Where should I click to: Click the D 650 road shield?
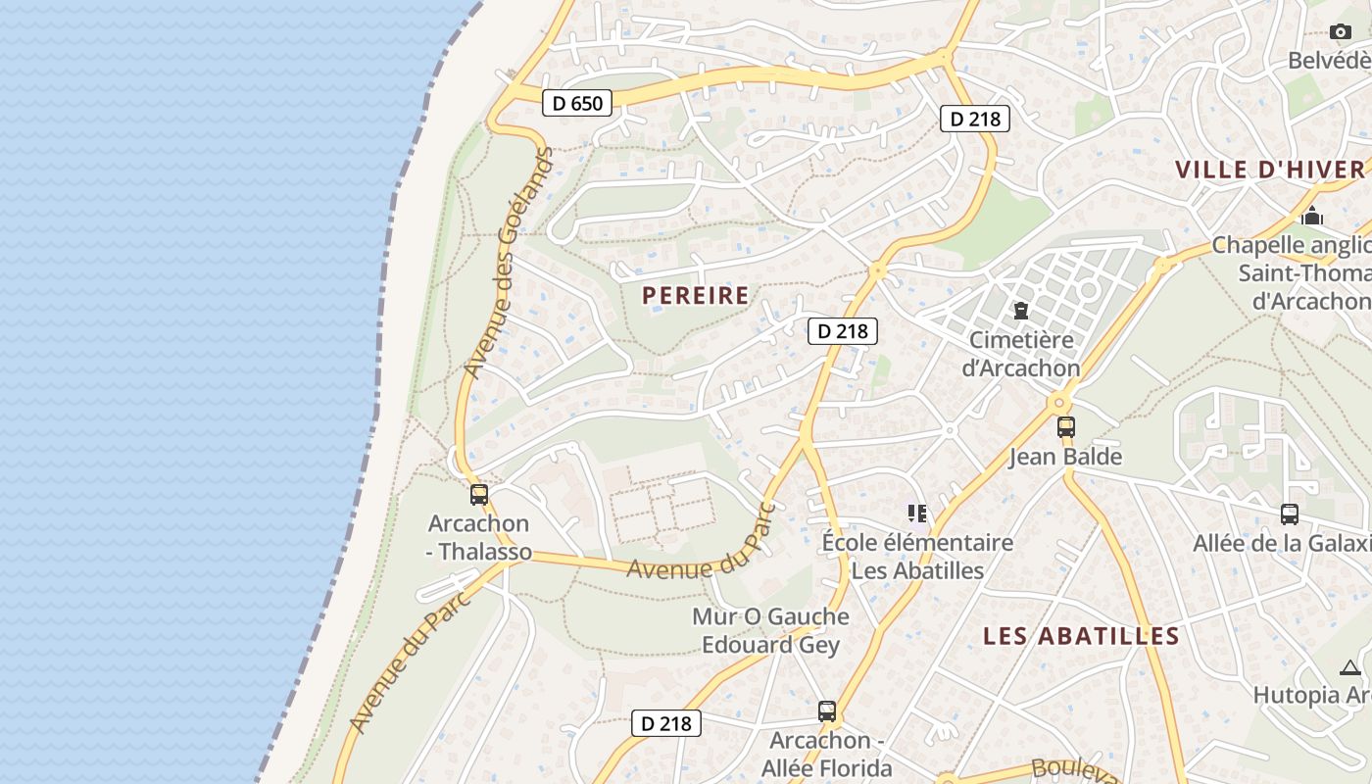click(576, 102)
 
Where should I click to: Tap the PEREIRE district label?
click(696, 295)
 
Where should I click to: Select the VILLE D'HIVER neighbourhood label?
click(1270, 170)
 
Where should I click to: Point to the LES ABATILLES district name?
click(1081, 636)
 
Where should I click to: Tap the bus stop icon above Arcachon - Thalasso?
click(479, 495)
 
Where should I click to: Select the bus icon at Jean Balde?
click(1065, 427)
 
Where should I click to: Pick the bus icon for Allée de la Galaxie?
click(1290, 514)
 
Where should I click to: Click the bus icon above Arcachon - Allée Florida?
click(827, 711)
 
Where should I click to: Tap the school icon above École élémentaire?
click(917, 513)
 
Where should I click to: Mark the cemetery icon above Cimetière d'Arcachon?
click(1021, 311)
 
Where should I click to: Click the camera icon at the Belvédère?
click(1341, 31)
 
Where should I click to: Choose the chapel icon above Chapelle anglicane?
click(1312, 216)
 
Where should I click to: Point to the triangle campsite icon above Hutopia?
click(1350, 667)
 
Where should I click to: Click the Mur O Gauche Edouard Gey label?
click(770, 630)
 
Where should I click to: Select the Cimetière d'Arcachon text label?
click(1021, 354)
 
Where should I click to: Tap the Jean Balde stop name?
click(1065, 457)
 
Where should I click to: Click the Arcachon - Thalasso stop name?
click(480, 537)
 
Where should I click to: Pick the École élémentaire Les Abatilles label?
click(917, 556)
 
